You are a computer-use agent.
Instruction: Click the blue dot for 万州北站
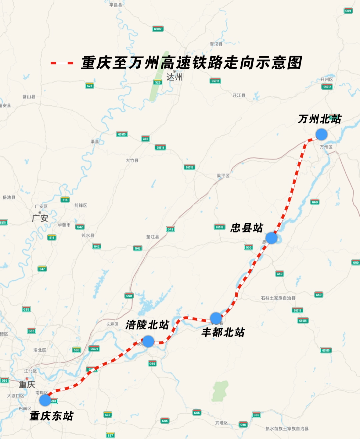(x=321, y=134)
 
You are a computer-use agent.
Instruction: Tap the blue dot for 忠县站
(x=271, y=238)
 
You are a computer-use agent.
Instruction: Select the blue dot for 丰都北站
(x=216, y=318)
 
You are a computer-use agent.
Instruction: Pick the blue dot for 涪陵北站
(x=148, y=341)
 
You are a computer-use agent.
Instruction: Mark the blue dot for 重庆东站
(x=45, y=400)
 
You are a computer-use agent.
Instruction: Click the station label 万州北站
(x=320, y=119)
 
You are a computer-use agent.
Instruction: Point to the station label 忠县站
(x=247, y=228)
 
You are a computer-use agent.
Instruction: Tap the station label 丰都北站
(x=223, y=332)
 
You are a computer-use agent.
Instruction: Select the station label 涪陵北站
(x=147, y=324)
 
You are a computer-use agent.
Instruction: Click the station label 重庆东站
(x=51, y=416)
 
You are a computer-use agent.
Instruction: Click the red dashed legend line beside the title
(x=62, y=63)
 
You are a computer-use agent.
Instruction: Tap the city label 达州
(x=174, y=77)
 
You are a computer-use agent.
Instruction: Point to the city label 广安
(x=40, y=218)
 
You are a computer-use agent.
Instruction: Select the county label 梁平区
(x=223, y=176)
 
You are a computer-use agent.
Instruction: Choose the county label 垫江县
(x=153, y=237)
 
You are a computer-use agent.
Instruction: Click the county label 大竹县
(x=132, y=161)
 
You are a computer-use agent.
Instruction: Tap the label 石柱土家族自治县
(x=278, y=298)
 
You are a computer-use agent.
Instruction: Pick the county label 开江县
(x=239, y=95)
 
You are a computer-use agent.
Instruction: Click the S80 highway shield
(x=77, y=350)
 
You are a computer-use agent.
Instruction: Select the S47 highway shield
(x=42, y=269)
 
